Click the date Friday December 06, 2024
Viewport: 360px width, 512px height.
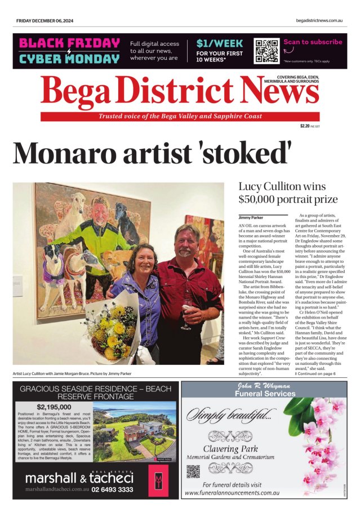point(45,21)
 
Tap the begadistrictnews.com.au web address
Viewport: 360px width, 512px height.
point(319,21)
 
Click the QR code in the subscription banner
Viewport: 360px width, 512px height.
point(266,51)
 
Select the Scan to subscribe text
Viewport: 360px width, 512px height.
point(313,42)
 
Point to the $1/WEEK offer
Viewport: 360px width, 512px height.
point(219,43)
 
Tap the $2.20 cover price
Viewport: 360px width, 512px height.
point(307,126)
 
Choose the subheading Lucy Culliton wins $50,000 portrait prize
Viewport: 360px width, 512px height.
point(288,193)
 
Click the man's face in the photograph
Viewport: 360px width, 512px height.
point(186,243)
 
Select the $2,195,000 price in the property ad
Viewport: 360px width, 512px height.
point(55,407)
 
